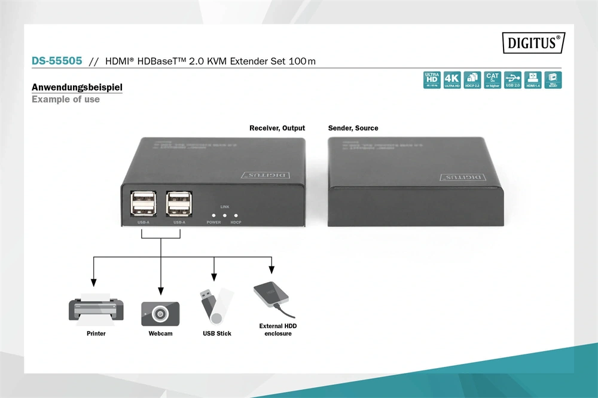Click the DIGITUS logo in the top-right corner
[534, 42]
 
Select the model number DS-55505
[57, 61]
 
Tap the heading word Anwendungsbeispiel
[77, 88]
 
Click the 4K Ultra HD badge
[452, 80]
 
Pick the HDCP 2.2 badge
[472, 80]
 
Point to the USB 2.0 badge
[513, 80]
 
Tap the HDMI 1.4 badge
[533, 80]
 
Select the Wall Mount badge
[553, 80]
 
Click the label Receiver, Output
[277, 128]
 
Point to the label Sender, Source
[353, 128]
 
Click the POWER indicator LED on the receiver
[213, 215]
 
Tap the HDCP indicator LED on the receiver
[236, 215]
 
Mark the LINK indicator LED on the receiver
[225, 215]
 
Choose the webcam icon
[160, 313]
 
